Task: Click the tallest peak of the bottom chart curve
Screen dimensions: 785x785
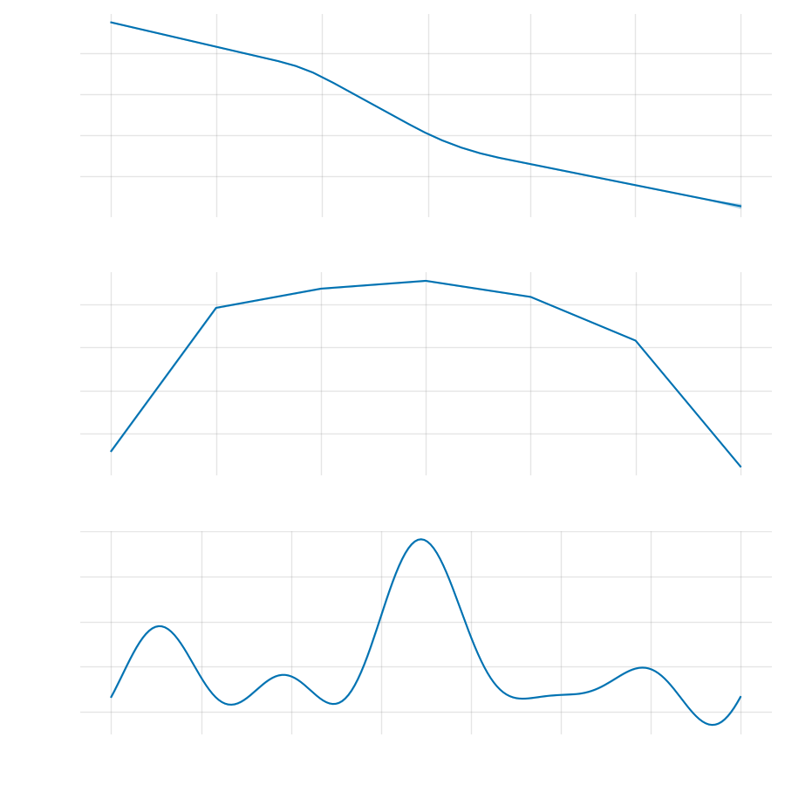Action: point(421,539)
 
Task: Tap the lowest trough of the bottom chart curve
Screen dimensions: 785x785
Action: point(713,725)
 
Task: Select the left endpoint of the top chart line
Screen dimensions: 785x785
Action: point(112,23)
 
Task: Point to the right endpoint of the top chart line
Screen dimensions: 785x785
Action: point(741,207)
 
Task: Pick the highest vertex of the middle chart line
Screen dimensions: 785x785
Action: point(427,281)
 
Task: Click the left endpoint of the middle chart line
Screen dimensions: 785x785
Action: point(112,451)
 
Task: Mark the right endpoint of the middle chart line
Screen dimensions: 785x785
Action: point(741,467)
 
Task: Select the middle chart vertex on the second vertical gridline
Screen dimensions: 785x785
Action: point(216,308)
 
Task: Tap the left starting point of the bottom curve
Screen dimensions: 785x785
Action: point(112,697)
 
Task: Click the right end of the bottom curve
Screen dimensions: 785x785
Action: point(741,697)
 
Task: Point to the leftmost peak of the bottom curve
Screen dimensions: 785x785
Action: point(160,625)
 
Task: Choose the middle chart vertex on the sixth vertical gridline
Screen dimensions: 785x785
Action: point(636,340)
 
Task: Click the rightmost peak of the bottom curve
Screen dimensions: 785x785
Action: point(643,667)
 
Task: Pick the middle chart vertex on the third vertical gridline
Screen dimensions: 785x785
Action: point(322,289)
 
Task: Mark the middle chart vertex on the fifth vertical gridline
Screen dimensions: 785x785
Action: point(530,297)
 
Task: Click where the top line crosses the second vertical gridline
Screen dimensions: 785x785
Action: point(216,46)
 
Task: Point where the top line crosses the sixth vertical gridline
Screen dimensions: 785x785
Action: point(635,185)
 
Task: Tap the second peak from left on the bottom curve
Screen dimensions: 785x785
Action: point(284,674)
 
